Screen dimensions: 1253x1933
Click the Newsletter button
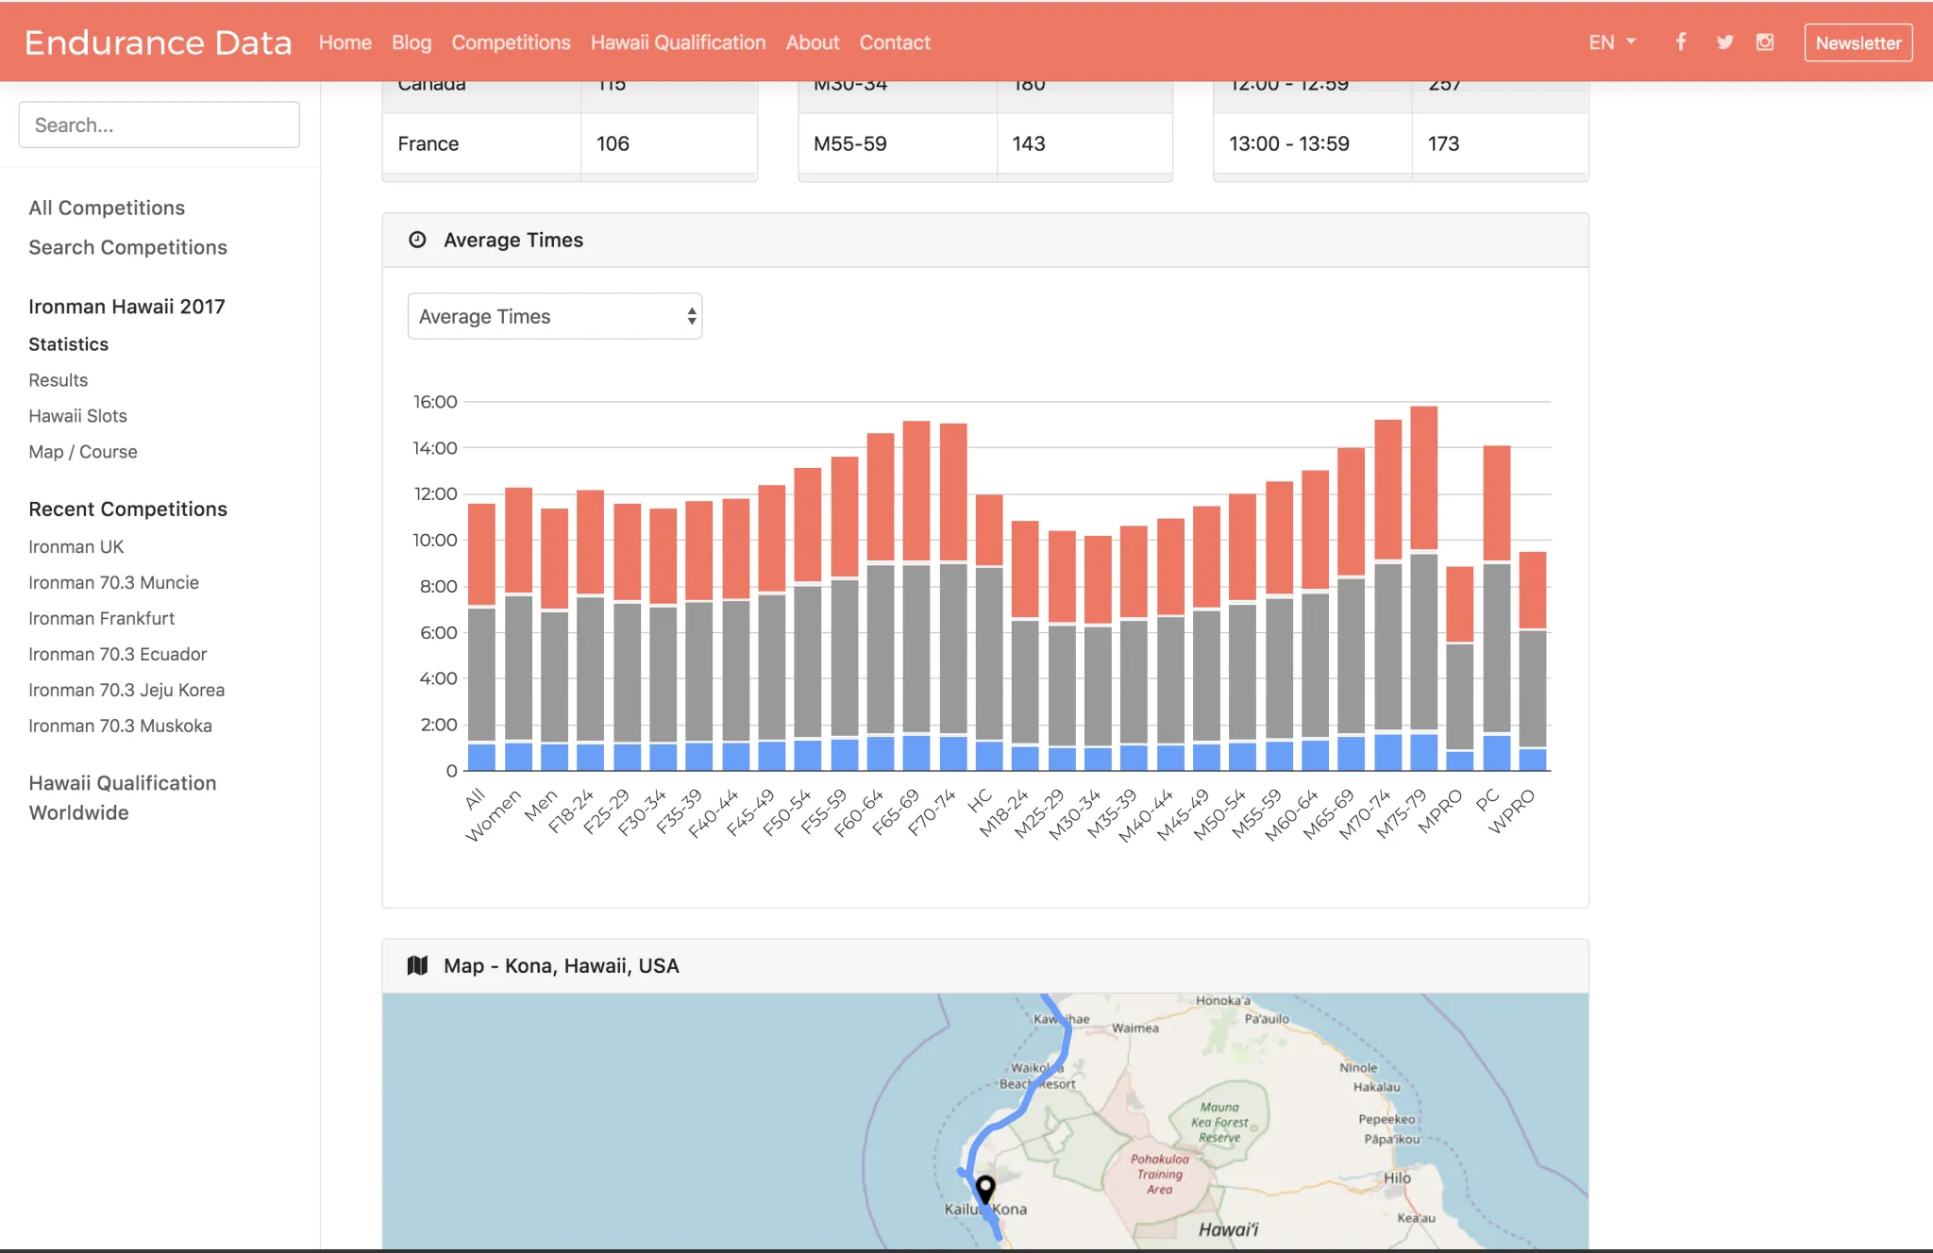pyautogui.click(x=1857, y=42)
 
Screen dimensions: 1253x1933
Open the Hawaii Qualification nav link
pyautogui.click(x=678, y=42)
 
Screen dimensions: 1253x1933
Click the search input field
pyautogui.click(x=159, y=125)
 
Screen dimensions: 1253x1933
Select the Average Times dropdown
pyautogui.click(x=554, y=316)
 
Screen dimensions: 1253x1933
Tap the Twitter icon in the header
pyautogui.click(x=1724, y=42)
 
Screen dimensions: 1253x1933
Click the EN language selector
pyautogui.click(x=1611, y=42)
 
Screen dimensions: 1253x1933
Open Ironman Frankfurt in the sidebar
pyautogui.click(x=101, y=618)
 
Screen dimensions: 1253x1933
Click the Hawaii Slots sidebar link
pyautogui.click(x=77, y=416)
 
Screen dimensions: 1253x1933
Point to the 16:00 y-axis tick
pyautogui.click(x=435, y=402)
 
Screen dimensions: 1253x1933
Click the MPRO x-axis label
pyautogui.click(x=1441, y=810)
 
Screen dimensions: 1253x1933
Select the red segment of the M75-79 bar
pyautogui.click(x=1423, y=476)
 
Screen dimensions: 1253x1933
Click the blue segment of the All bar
pyautogui.click(x=481, y=757)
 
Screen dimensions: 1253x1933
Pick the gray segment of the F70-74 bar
pyautogui.click(x=953, y=648)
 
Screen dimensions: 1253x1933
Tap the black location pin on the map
pyautogui.click(x=985, y=1188)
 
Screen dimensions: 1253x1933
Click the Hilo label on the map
pyautogui.click(x=1397, y=1178)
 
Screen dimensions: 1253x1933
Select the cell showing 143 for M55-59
pyautogui.click(x=1029, y=143)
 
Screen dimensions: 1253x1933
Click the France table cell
pyautogui.click(x=429, y=143)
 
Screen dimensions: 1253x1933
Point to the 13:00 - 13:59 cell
pyautogui.click(x=1288, y=143)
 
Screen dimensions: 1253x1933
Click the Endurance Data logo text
pyautogui.click(x=158, y=42)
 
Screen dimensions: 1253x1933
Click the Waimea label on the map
pyautogui.click(x=1135, y=1028)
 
